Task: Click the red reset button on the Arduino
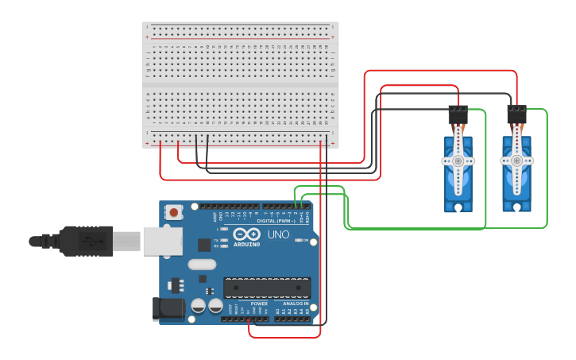[x=174, y=212]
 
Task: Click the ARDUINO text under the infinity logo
[x=246, y=244]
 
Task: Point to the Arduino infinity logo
[x=246, y=234]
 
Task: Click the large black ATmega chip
[x=266, y=287]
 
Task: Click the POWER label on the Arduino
[x=259, y=304]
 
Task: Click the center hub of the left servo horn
[x=458, y=161]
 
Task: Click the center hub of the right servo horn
[x=516, y=161]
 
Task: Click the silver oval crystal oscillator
[x=202, y=265]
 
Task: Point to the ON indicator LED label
[x=305, y=240]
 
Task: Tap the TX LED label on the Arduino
[x=216, y=238]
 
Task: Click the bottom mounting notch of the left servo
[x=458, y=208]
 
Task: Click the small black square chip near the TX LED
[x=204, y=245]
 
